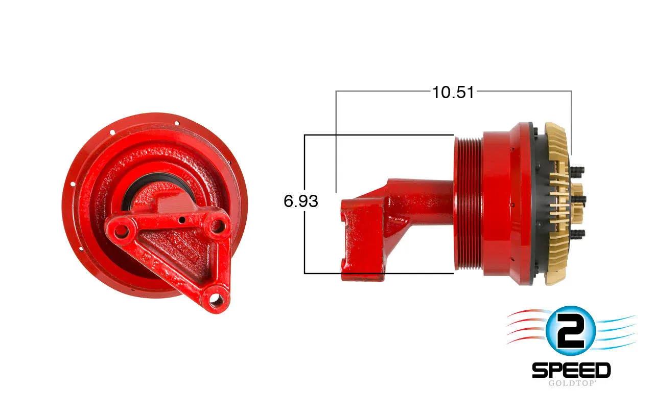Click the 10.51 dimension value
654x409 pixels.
453,93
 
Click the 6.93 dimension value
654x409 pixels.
301,201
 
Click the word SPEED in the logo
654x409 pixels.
571,370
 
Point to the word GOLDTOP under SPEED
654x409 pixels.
571,383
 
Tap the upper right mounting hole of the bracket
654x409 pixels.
218,226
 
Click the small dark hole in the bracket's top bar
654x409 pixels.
182,219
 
